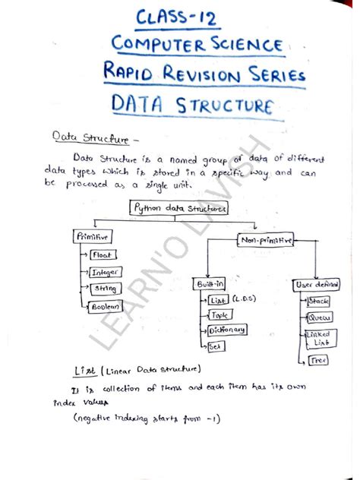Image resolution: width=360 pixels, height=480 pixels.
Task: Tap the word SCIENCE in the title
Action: click(245, 45)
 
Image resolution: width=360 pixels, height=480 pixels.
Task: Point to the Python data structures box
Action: click(179, 207)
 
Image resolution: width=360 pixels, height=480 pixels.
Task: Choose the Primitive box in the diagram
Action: click(93, 237)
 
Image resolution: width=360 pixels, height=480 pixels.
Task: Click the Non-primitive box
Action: click(265, 239)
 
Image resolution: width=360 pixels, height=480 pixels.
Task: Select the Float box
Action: click(103, 255)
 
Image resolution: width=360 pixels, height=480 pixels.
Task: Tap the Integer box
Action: click(104, 272)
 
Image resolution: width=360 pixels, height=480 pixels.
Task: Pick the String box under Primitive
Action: click(104, 289)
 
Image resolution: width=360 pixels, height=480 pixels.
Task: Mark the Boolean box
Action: click(106, 306)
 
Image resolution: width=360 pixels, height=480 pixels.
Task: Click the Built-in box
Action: click(210, 283)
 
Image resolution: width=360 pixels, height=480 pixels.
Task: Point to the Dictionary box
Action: click(227, 330)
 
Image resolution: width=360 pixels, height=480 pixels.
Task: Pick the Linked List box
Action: click(318, 339)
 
